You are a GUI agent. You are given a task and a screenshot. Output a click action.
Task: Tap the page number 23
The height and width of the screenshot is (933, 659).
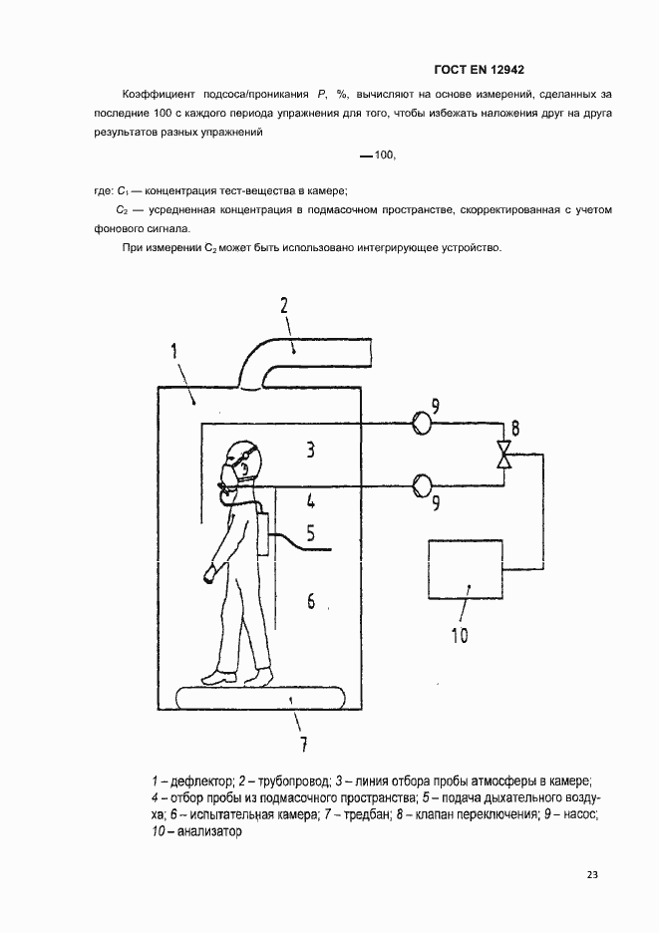tap(592, 875)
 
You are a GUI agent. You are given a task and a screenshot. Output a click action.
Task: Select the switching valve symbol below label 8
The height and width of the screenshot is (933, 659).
tap(506, 456)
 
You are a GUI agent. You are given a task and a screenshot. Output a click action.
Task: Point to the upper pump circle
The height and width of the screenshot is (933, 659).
tap(421, 422)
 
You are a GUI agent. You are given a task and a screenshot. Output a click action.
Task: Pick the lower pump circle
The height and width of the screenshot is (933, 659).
tap(421, 485)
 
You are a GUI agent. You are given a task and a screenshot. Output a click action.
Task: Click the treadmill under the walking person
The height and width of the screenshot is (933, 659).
tap(258, 696)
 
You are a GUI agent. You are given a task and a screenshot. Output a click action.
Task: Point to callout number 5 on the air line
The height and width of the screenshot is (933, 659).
tap(310, 533)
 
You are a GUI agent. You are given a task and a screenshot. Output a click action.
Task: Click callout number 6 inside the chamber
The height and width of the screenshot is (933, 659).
tap(310, 601)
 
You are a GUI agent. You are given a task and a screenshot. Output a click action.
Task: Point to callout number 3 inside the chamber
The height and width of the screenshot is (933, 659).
tap(310, 451)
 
